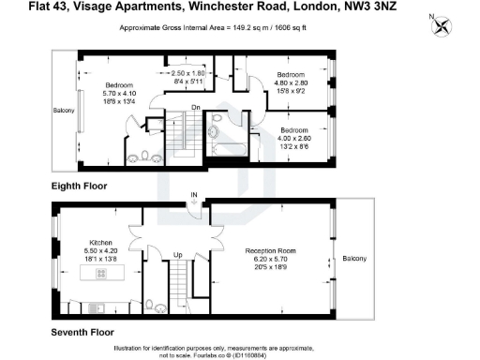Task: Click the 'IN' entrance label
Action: point(194,196)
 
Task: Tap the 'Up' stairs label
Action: point(177,254)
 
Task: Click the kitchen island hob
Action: point(99,273)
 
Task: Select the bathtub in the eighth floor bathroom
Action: point(228,148)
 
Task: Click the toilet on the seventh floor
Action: point(151,303)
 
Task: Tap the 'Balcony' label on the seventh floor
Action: point(355,259)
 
